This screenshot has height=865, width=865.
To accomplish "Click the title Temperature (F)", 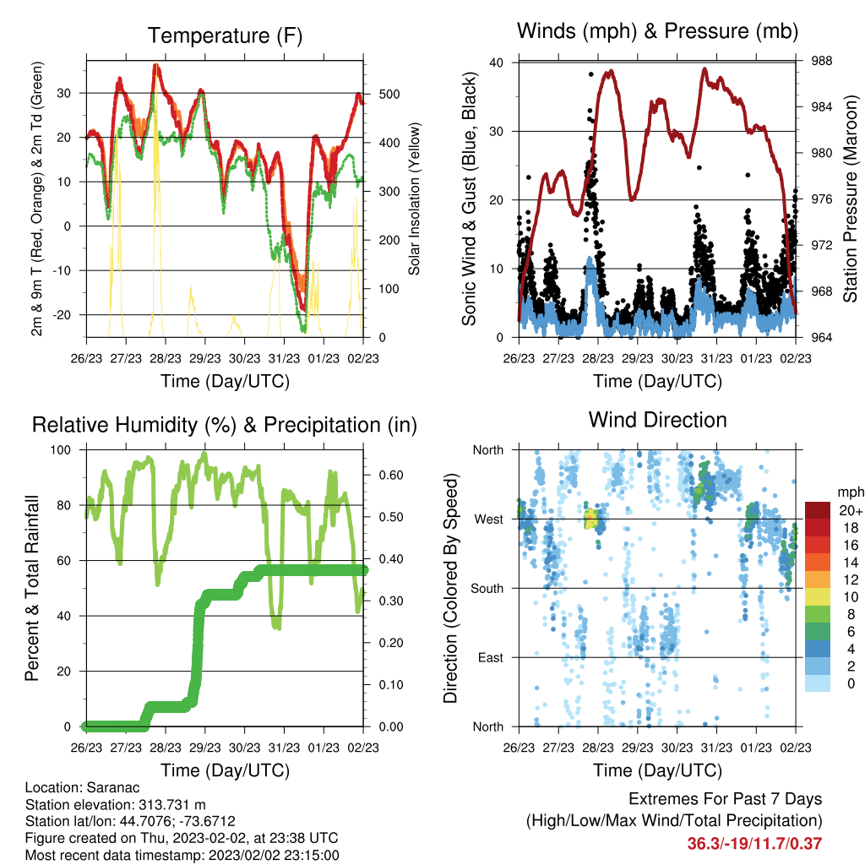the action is (225, 35).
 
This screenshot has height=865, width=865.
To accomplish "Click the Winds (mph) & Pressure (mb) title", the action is (657, 31).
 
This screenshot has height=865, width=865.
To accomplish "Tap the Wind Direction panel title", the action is (657, 420).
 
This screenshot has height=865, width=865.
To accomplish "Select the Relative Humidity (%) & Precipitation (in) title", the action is (225, 426).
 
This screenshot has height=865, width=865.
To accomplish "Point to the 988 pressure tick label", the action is (821, 61).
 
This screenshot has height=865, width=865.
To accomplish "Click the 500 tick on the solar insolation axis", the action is (389, 95).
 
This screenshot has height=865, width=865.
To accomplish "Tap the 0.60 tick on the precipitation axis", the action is (391, 476).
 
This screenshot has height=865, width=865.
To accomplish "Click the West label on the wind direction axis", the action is (489, 520).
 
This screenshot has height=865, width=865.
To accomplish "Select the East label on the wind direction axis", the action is (491, 657).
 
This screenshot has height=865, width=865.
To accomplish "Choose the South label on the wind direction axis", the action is (487, 589).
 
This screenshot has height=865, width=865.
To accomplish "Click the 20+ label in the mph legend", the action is (851, 510).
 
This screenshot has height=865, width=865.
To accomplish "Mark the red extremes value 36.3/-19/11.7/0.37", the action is (754, 844).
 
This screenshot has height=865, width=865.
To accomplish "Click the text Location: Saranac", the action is (82, 788).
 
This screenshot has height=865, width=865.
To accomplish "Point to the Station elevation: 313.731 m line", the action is (115, 805).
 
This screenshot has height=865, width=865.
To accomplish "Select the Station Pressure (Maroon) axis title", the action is (850, 199).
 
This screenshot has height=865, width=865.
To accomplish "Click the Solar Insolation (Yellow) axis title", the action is (414, 199).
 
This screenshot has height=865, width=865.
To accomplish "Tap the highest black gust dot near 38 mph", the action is (590, 74).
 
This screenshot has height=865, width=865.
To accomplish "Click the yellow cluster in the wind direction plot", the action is (590, 519).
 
